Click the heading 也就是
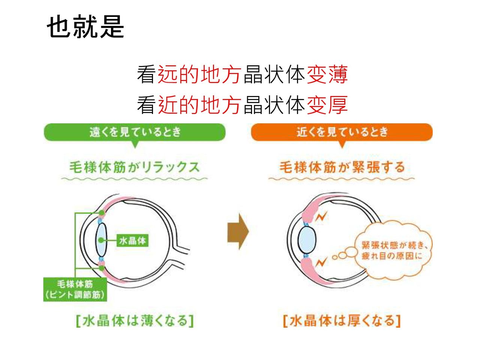(x=85, y=27)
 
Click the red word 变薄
(x=327, y=74)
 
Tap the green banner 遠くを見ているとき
(x=135, y=132)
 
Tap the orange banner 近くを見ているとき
(x=342, y=132)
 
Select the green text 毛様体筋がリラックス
(x=134, y=167)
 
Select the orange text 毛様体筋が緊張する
(x=342, y=167)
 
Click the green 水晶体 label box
(x=132, y=240)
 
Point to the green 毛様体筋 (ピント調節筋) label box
(x=75, y=289)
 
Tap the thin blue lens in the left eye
(x=101, y=240)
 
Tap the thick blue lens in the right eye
(x=307, y=239)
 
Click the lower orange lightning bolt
(x=321, y=261)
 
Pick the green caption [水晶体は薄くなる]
(x=135, y=321)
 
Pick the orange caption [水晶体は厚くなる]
(x=342, y=321)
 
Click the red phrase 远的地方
(x=199, y=74)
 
